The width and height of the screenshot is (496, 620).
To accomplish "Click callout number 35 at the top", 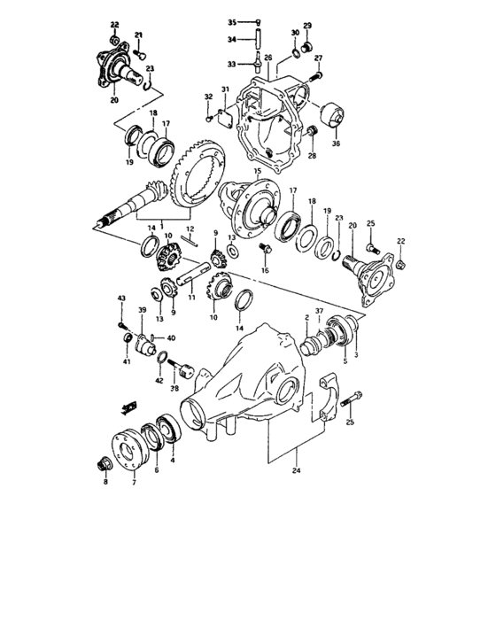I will (232, 21).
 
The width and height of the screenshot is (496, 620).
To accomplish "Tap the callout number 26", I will (267, 58).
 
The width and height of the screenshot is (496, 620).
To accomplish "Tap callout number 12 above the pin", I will (190, 229).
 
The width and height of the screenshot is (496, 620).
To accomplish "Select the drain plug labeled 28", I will (312, 132).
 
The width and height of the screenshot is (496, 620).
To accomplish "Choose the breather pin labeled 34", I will (257, 40).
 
